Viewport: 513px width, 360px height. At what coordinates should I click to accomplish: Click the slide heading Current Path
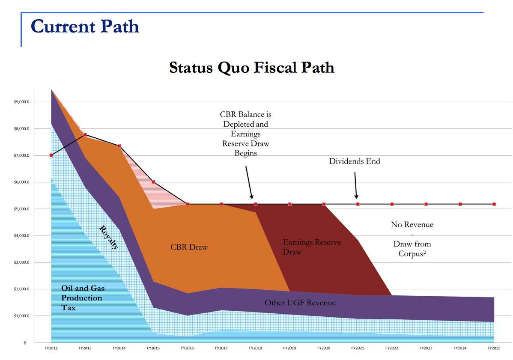pos(85,27)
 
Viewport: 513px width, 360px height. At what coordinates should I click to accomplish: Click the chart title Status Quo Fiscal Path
pos(251,68)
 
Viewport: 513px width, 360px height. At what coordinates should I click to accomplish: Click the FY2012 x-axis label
pos(51,348)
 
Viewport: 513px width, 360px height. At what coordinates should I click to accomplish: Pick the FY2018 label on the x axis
pos(256,348)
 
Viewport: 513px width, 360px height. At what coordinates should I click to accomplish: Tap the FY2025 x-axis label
pos(494,348)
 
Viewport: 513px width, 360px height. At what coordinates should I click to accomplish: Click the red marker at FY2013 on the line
pos(85,135)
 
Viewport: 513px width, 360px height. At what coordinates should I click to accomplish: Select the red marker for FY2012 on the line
pos(51,155)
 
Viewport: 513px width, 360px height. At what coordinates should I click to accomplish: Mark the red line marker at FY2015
pos(153,182)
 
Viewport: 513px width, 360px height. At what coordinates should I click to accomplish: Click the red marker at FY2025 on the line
pos(494,204)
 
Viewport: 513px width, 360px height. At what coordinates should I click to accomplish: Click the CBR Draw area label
pos(189,247)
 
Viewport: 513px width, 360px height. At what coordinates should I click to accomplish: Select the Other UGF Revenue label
pos(300,303)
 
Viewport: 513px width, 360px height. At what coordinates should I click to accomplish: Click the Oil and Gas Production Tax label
pos(83,298)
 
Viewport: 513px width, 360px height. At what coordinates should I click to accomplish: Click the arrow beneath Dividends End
pos(356,185)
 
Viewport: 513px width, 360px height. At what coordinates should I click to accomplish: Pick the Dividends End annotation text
pos(355,161)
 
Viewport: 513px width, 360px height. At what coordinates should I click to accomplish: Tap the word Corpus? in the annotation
pos(412,253)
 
